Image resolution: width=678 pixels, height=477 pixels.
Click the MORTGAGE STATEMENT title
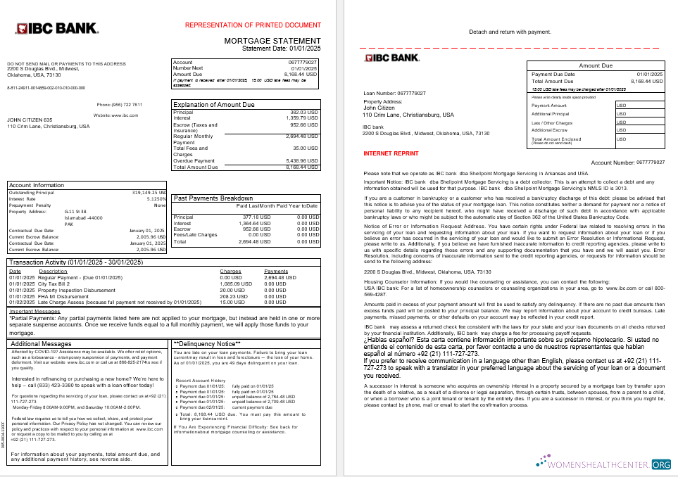click(272, 41)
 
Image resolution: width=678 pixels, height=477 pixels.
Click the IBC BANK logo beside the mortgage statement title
click(56, 29)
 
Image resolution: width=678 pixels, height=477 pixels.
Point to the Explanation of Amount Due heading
click(214, 104)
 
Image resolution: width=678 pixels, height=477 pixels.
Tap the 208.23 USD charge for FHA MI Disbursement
click(230, 296)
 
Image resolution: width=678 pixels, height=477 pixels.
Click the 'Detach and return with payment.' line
click(510, 32)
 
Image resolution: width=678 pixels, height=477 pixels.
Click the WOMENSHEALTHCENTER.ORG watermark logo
click(603, 464)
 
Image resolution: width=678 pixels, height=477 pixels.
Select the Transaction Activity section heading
click(75, 262)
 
